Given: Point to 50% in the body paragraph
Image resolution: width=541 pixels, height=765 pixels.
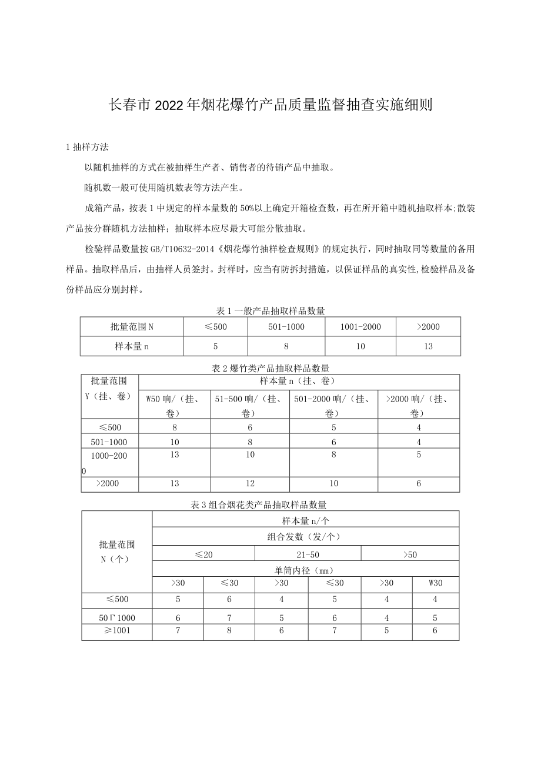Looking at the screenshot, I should pos(246,208).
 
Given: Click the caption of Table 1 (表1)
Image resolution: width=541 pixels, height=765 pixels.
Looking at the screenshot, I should pos(270,310).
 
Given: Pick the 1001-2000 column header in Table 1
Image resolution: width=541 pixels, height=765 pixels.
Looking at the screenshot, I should pos(360,327).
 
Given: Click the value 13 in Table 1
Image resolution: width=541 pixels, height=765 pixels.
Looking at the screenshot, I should pos(428,346).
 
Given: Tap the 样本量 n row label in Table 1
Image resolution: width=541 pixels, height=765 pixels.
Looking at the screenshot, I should pos(132,346).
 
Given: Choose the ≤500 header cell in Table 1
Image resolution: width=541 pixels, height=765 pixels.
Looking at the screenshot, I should pos(215,327).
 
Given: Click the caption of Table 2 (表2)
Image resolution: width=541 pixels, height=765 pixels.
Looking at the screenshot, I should pos(270,368).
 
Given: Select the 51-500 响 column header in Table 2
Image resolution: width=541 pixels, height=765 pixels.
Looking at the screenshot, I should pos(249,405).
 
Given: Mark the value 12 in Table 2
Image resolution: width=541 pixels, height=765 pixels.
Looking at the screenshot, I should pos(250,484).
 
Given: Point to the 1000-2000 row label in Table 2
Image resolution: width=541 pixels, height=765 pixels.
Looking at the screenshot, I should pos(109,455).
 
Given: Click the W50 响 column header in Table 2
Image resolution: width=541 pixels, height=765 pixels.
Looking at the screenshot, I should pos(174,405).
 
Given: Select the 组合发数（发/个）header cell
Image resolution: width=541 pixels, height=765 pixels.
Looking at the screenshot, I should pos(305,536).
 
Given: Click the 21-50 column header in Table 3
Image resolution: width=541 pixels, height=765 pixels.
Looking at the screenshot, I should pos(308,554).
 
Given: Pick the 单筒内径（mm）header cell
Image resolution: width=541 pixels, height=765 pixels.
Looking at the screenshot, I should pos(305,570).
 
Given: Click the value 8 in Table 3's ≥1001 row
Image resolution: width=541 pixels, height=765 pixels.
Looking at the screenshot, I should pos(229,630).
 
